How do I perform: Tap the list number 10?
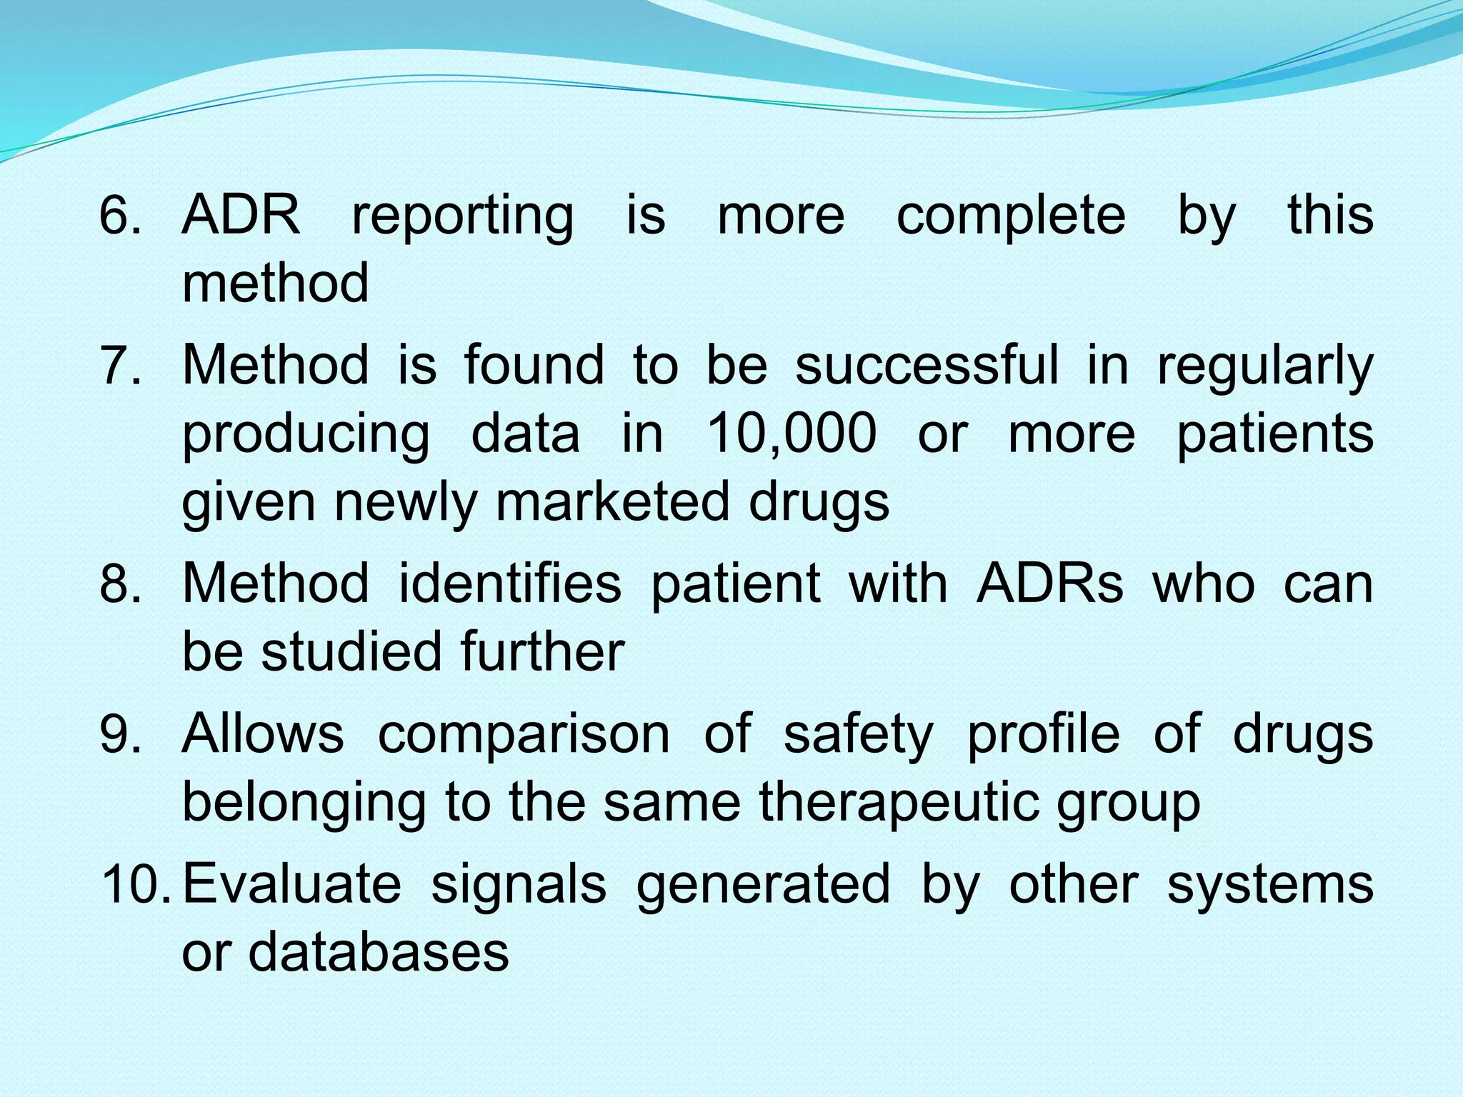click(x=138, y=884)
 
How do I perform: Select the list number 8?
click(x=119, y=583)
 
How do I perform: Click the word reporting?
click(x=462, y=216)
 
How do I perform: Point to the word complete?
click(x=1010, y=216)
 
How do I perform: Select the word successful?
click(x=927, y=365)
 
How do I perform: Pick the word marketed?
click(x=612, y=501)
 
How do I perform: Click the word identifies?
click(x=509, y=583)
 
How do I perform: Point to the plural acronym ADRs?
click(x=1049, y=583)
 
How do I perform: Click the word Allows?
click(x=262, y=733)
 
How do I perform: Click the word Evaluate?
click(x=291, y=884)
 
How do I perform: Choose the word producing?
click(x=306, y=435)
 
